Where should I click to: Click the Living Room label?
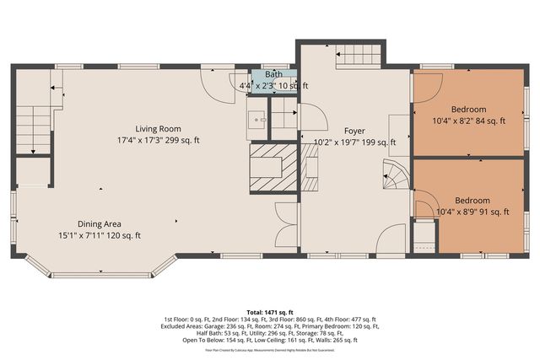pyautogui.click(x=159, y=128)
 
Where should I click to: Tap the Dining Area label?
pyautogui.click(x=100, y=223)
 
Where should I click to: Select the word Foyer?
pyautogui.click(x=354, y=131)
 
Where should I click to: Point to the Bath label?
pyautogui.click(x=273, y=75)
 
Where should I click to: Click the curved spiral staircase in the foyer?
pyautogui.click(x=395, y=175)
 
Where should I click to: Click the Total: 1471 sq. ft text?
pyautogui.click(x=269, y=312)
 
